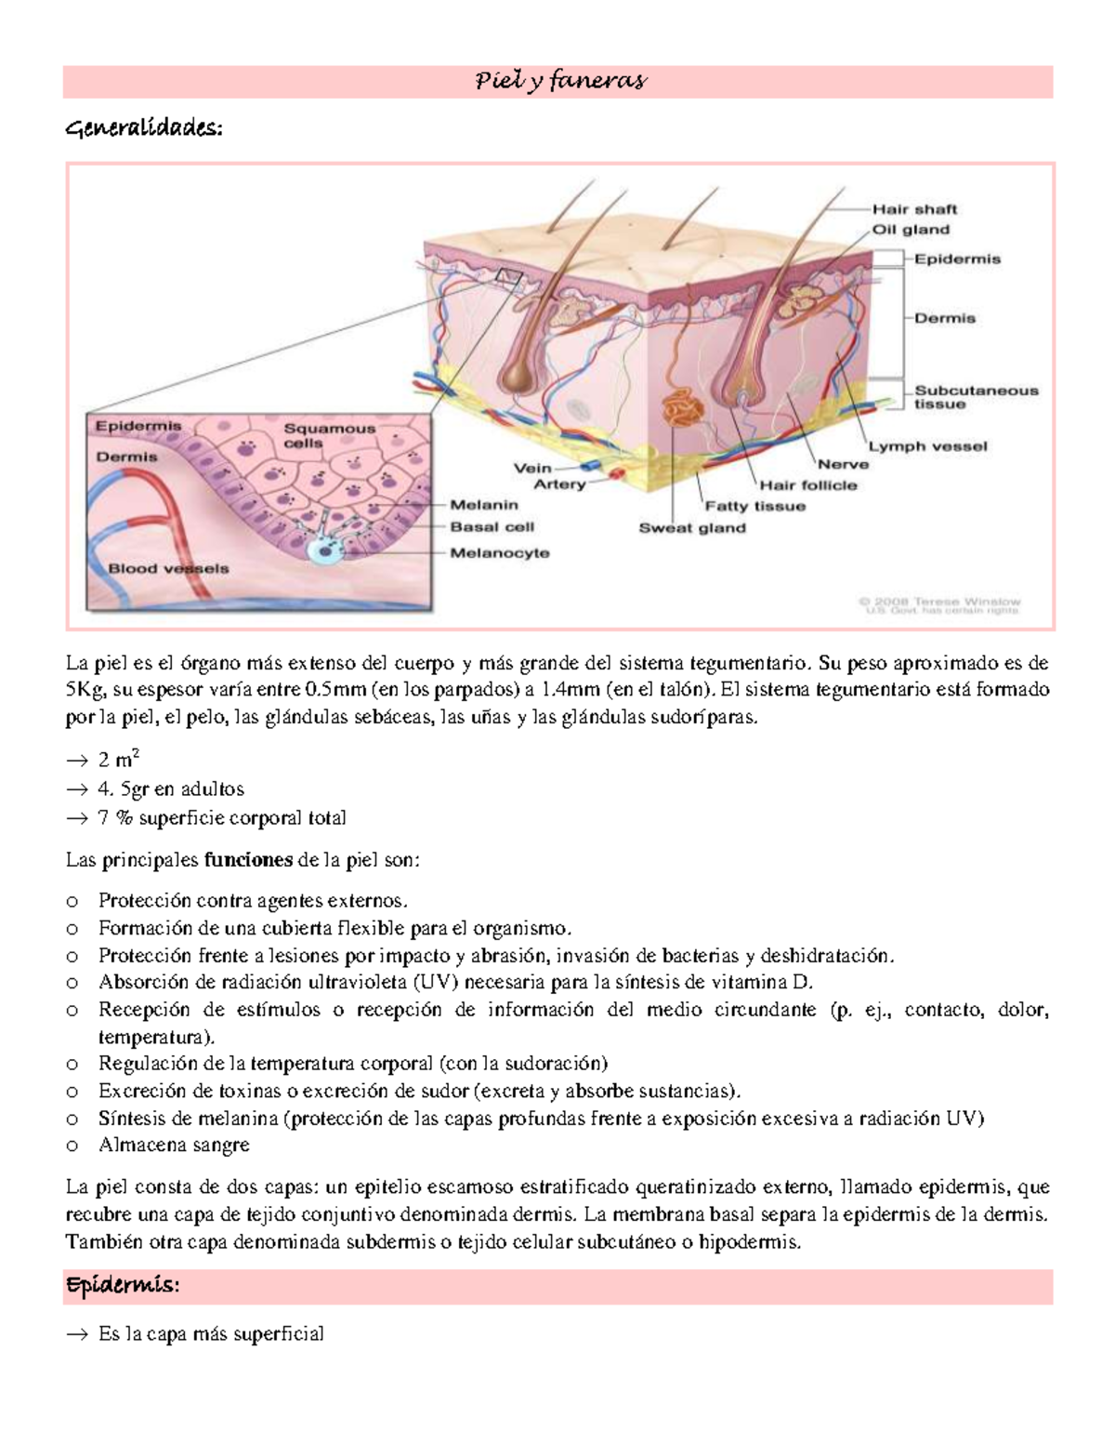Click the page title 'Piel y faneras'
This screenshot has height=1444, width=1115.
point(559,82)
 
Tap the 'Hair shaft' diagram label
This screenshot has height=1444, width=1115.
point(913,209)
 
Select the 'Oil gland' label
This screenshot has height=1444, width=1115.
point(910,230)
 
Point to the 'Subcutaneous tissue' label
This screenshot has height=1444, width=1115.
point(976,397)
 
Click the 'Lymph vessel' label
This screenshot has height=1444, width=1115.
point(927,446)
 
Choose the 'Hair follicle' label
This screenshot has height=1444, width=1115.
point(807,484)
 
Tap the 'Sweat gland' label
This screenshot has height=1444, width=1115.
point(691,528)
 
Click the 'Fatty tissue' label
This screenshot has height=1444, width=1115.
point(754,507)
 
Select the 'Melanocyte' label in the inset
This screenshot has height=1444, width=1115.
point(500,553)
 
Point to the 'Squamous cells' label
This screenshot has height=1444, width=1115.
point(329,435)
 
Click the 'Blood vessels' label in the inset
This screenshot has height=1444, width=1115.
point(168,568)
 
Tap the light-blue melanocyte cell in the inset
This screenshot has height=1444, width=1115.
point(325,551)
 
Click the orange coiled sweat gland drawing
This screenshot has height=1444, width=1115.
point(684,408)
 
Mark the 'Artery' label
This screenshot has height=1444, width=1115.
point(559,484)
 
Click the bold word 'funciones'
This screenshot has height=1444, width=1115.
point(248,860)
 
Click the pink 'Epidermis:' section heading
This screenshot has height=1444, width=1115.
point(122,1286)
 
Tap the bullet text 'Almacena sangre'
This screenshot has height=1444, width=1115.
point(174,1146)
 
